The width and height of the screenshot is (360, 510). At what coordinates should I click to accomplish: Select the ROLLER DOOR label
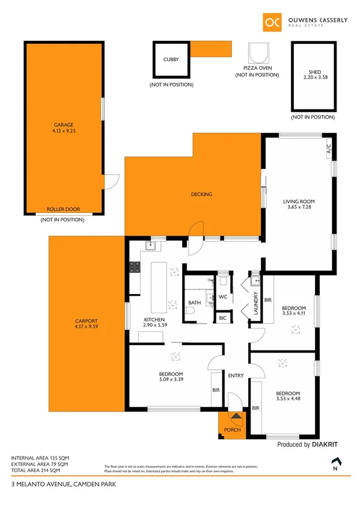pos(63,210)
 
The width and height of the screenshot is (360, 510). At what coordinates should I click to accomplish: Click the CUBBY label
pos(171,60)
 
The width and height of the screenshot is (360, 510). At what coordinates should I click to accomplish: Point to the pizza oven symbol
pos(258,54)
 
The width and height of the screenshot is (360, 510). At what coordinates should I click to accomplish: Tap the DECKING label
pos(201,194)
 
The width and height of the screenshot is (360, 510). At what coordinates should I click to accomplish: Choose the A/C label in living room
pos(329,148)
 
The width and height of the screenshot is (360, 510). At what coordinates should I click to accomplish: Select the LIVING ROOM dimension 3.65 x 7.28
pos(299,207)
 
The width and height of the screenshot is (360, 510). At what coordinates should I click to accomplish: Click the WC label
pos(222,297)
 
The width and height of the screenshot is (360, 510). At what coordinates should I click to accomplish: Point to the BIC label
pos(222,318)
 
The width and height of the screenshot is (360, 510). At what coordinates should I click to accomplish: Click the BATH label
pos(194,303)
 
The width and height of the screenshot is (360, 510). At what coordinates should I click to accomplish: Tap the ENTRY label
pos(236,376)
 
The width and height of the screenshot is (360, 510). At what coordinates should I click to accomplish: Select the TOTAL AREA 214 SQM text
pos(40,470)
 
